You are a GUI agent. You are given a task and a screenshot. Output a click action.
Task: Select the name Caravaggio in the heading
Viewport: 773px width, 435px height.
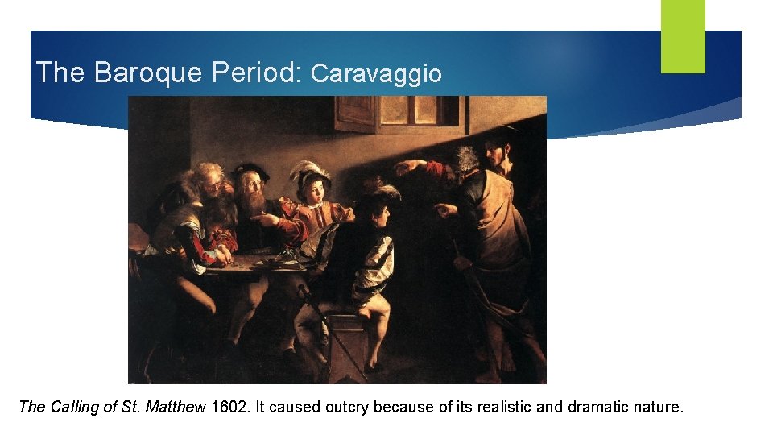[x=376, y=74]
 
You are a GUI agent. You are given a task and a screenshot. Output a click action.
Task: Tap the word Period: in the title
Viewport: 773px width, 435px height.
[x=256, y=72]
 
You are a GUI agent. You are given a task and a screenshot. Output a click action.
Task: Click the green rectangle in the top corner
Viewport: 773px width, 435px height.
[x=683, y=35]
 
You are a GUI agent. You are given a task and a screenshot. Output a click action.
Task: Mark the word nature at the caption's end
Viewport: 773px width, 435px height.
[x=656, y=407]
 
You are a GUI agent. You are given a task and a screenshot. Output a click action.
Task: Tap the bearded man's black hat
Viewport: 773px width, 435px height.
[x=248, y=171]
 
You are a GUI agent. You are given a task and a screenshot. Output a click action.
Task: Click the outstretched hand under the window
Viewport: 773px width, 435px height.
[x=407, y=167]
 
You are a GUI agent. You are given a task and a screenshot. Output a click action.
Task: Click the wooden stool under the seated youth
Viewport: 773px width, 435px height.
[x=346, y=346]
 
